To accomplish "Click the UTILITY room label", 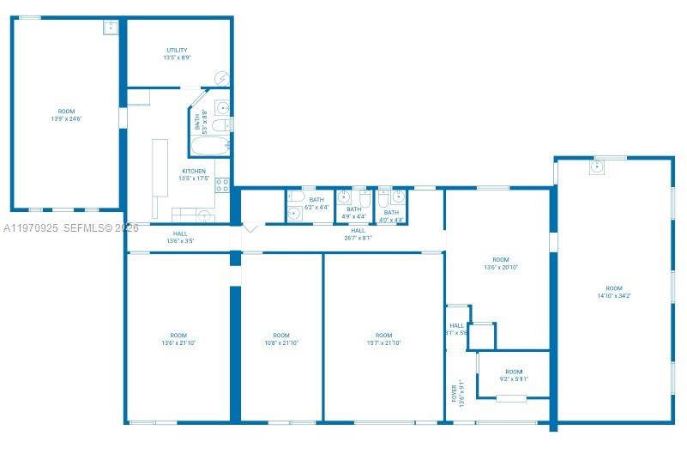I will click(178, 51).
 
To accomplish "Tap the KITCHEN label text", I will click(194, 171).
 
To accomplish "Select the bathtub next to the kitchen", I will click(208, 146).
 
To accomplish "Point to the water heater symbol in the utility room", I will click(221, 79).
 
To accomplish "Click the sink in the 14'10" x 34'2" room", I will click(597, 167).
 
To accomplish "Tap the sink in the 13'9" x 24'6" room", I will click(111, 27).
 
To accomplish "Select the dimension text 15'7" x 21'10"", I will click(383, 343).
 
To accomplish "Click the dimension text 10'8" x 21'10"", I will click(280, 343).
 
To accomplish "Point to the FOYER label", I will click(455, 394).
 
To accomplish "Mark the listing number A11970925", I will click(30, 228).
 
